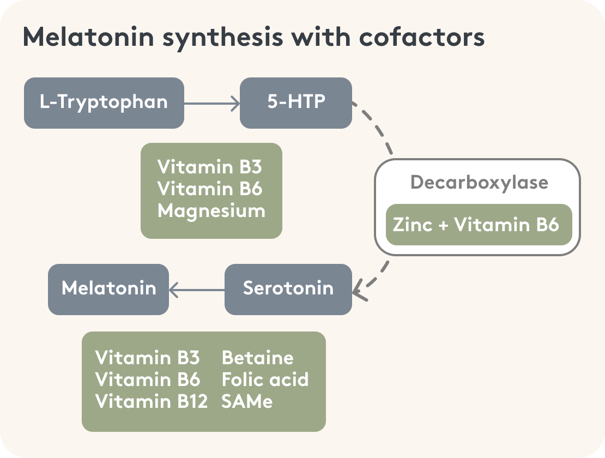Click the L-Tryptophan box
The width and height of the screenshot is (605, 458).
[104, 103]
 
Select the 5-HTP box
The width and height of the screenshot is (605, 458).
[296, 103]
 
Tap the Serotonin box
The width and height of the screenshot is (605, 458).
[288, 289]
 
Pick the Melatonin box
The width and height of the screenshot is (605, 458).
[108, 289]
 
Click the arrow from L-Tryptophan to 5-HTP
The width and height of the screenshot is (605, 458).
[212, 103]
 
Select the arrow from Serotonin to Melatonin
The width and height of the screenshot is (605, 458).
[197, 290]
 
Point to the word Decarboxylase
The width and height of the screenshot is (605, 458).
[479, 182]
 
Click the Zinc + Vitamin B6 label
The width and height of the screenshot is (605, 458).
[476, 225]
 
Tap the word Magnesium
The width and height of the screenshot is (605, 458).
[211, 210]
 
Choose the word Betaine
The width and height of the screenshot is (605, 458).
[258, 358]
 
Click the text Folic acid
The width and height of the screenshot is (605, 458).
[265, 379]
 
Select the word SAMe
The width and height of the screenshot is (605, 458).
[246, 401]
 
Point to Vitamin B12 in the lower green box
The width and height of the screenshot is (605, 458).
[152, 401]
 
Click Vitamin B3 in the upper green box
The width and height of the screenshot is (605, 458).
[210, 167]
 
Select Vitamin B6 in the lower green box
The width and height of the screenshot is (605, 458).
[148, 379]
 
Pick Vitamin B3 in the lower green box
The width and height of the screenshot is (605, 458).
[148, 358]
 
